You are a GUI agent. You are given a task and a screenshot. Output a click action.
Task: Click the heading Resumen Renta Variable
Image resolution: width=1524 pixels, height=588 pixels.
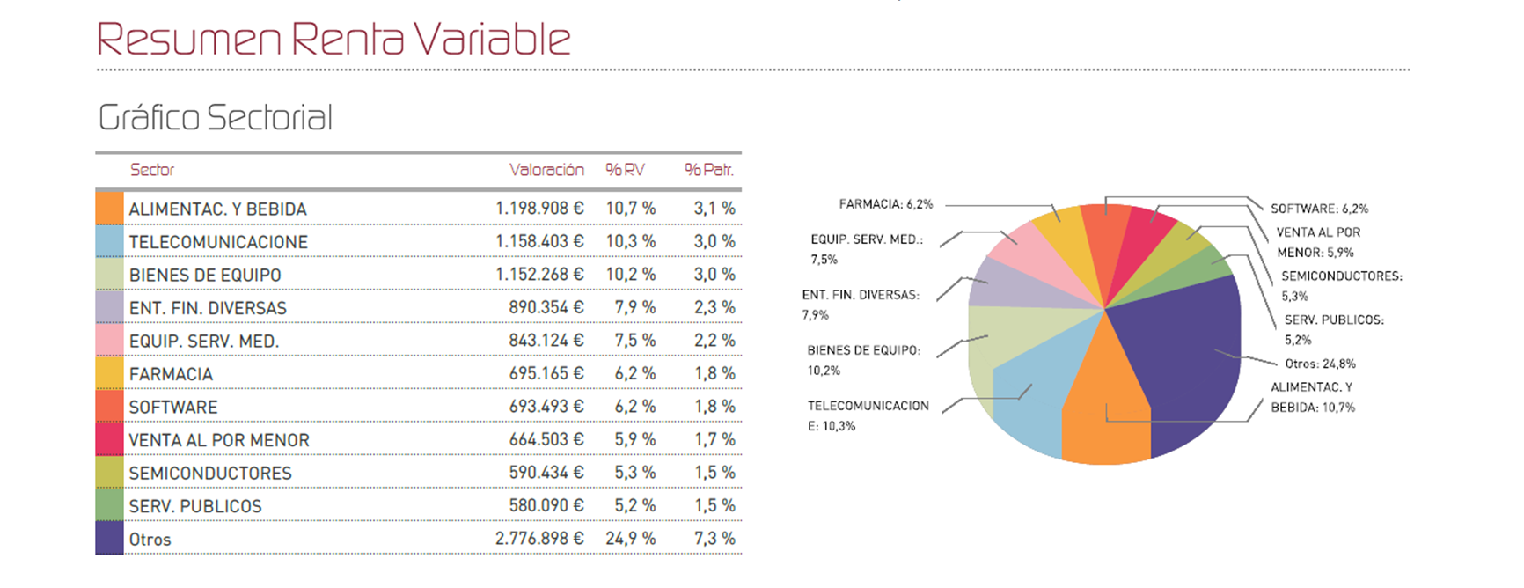pos(333,40)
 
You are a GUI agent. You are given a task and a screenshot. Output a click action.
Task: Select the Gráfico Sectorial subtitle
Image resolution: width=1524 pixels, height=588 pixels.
pos(216,118)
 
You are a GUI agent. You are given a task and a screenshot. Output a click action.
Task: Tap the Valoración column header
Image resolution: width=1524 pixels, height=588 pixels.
pos(546,170)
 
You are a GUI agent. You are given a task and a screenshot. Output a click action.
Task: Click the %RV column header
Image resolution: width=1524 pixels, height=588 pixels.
pos(625,170)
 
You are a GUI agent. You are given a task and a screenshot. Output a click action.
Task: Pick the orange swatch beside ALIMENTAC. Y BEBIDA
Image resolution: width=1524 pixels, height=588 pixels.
pos(109,208)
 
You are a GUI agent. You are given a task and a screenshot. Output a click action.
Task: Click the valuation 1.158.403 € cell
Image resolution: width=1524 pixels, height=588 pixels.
pos(539,241)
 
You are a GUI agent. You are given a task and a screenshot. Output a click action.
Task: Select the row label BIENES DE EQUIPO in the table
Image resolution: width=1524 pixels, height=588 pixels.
pos(205,275)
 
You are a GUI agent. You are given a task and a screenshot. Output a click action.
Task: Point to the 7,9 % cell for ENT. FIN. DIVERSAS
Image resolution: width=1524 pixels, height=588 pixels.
pos(634,307)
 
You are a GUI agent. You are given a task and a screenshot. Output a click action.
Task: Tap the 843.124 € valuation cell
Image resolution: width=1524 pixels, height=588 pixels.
pos(546,341)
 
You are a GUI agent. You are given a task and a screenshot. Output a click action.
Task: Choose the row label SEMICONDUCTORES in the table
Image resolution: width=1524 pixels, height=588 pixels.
pos(210,473)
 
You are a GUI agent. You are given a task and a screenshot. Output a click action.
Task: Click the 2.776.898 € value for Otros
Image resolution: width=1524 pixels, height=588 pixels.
pos(539,539)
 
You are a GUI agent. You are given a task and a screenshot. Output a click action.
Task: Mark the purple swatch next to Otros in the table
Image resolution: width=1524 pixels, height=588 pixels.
pos(109,538)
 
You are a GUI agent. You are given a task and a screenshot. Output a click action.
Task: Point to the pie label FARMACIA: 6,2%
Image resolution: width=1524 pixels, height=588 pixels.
pos(885,204)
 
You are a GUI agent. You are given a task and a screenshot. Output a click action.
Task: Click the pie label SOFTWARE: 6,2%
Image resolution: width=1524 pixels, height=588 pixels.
pos(1319,209)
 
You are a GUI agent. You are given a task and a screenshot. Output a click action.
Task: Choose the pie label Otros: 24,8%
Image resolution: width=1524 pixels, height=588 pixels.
pos(1320,364)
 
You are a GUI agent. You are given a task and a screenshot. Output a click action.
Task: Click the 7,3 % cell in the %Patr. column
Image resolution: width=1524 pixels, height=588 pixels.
pos(714,539)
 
